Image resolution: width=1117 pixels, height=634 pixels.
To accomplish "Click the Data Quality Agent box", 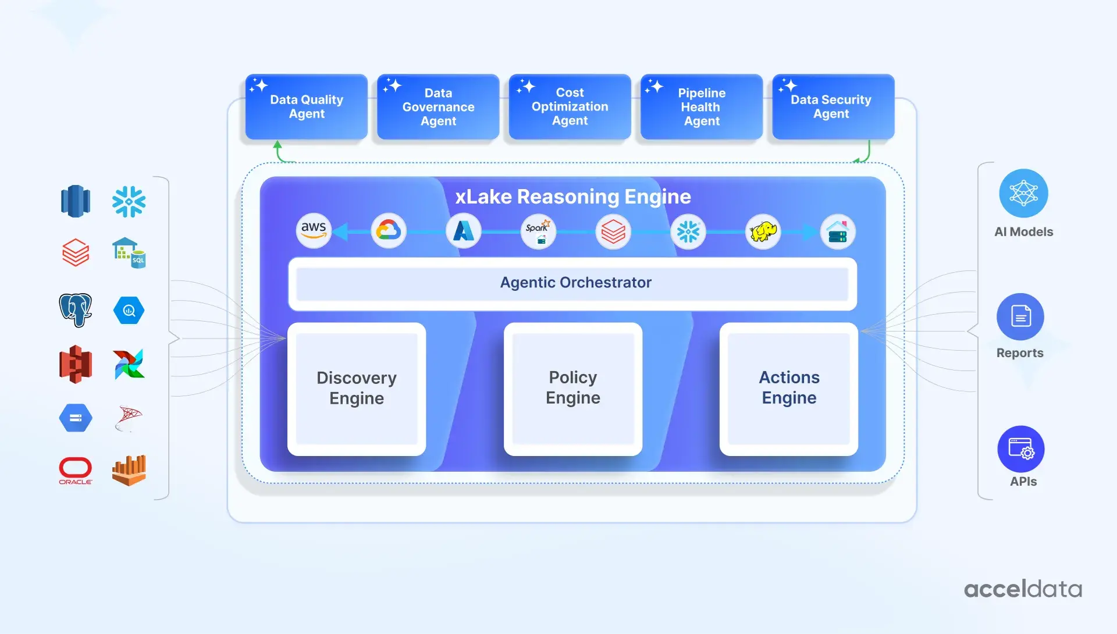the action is coord(307,106).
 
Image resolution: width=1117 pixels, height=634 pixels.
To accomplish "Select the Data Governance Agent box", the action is coord(438,106).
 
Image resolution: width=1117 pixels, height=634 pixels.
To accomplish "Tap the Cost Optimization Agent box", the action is coord(570,106).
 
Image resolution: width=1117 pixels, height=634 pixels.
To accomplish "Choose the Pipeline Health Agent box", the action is coord(702,106).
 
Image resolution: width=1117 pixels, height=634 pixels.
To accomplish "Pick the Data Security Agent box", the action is coord(833,106).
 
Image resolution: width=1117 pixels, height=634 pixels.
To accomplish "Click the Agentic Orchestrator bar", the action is coord(572,284).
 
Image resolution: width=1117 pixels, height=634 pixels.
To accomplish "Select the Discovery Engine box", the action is coord(357,389).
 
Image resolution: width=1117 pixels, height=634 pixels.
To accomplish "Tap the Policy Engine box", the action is coord(573,389).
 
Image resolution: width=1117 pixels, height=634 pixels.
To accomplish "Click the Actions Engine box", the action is coord(789,389).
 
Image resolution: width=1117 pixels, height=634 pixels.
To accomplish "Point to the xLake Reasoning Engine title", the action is coord(573,197).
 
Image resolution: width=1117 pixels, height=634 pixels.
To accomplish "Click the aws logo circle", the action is coord(314,231).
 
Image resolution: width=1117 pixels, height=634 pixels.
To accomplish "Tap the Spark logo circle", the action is coord(538,231).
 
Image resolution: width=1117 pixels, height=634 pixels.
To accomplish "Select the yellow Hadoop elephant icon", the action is coord(763,231).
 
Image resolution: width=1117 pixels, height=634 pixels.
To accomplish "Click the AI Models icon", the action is coord(1024,193).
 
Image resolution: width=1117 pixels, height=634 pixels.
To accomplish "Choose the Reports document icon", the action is coord(1020,317).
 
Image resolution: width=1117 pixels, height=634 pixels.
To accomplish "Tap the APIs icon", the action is coord(1021,449).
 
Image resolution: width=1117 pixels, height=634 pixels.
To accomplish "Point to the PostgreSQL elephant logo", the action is coord(76,309).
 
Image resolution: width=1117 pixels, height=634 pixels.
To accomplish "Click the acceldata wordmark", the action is coord(1023,589).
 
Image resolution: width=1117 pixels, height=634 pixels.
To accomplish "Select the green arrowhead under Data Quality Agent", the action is coord(278,144).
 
